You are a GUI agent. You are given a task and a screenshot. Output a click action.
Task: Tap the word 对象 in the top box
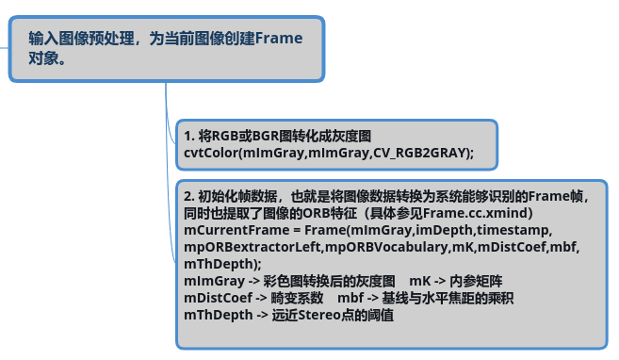[x=43, y=58]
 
